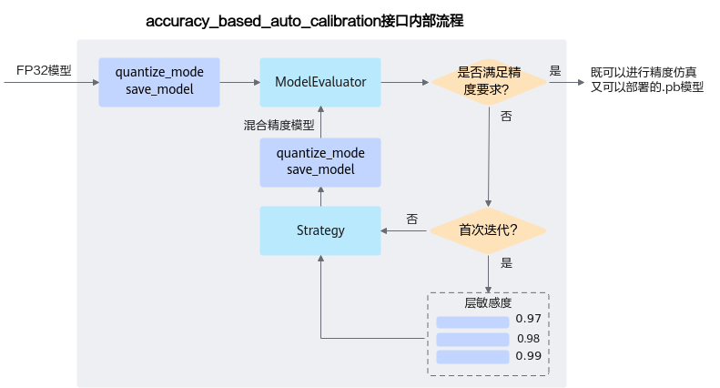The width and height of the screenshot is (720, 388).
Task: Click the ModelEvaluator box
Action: pyautogui.click(x=320, y=82)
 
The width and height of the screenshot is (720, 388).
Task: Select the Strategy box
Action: pyautogui.click(x=320, y=230)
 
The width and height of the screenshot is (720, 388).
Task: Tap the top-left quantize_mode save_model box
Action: pyautogui.click(x=159, y=82)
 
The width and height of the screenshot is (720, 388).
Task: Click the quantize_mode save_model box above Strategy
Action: pyautogui.click(x=320, y=161)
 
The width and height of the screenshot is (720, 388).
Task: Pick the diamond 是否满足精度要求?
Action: pyautogui.click(x=488, y=82)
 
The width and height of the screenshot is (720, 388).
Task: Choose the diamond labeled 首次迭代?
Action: pyautogui.click(x=488, y=230)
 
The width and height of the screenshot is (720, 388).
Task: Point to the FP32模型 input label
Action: pyautogui.click(x=44, y=70)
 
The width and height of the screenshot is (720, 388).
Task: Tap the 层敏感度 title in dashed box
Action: pyautogui.click(x=488, y=302)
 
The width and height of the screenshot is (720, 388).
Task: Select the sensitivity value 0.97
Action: pyautogui.click(x=528, y=319)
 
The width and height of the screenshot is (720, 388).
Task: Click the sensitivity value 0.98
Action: pyautogui.click(x=528, y=339)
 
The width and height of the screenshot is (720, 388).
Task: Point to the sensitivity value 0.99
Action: pyautogui.click(x=528, y=356)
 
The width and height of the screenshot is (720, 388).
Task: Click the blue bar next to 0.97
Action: pyautogui.click(x=472, y=322)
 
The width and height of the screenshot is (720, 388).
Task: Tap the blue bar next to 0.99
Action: pyautogui.click(x=472, y=357)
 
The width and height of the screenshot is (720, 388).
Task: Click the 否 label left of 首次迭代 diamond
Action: pyautogui.click(x=412, y=220)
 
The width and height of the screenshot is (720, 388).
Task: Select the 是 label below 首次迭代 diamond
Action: pyautogui.click(x=506, y=263)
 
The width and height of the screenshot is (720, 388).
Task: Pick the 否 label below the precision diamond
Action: pyautogui.click(x=506, y=117)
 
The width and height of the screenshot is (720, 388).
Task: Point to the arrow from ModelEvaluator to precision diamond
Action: pyautogui.click(x=405, y=82)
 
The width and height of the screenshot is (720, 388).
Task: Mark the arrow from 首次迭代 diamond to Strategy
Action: pyautogui.click(x=405, y=230)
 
